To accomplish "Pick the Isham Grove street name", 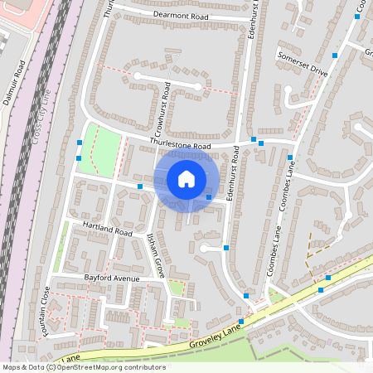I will coord(155,254).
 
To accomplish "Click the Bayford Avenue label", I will coord(111,279).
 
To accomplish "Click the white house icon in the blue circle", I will coord(186,179).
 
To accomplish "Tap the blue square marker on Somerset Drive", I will coord(336,55).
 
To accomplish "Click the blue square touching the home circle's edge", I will coord(208,197).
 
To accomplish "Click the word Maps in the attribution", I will coord(12,367).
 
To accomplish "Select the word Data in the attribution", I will coord(36,367).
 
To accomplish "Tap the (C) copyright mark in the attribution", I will coord(51,367).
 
